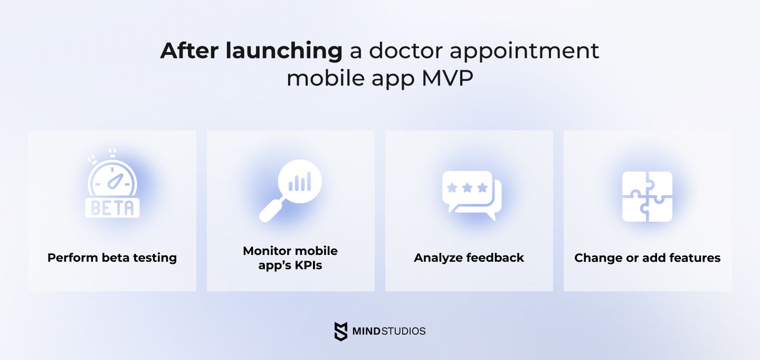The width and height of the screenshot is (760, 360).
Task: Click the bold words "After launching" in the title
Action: pos(251,51)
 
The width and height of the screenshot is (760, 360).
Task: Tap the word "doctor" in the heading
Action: pos(406,51)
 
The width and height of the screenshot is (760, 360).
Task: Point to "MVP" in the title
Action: pos(447,78)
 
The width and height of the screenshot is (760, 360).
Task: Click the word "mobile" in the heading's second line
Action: pos(326,78)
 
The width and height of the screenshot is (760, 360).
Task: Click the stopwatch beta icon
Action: pos(112,183)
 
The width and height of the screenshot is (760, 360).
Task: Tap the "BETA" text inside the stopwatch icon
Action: pos(112,208)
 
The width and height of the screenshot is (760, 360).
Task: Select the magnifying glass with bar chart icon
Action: pos(290,191)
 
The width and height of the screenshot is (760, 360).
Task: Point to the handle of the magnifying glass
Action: pos(271,211)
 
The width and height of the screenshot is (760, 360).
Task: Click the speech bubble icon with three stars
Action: pos(472,195)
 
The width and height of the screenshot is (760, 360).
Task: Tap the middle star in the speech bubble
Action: pos(467,187)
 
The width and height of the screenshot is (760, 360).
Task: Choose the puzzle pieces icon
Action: pos(647,196)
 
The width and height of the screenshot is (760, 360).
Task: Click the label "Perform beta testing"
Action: pos(112,258)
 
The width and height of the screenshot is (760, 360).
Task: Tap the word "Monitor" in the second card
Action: pos(267,251)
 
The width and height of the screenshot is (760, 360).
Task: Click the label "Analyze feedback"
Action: pos(469,258)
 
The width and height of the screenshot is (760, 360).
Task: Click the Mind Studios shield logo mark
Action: pos(340,331)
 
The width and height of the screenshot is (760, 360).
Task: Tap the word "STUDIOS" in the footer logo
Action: pos(403,331)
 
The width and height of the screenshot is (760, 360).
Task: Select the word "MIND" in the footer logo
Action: pos(366,331)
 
